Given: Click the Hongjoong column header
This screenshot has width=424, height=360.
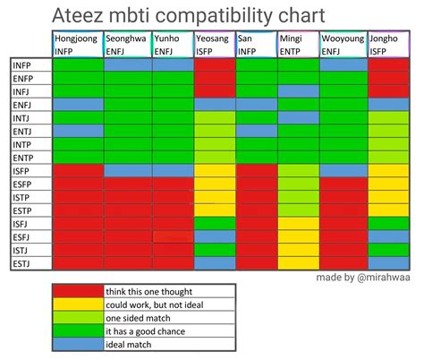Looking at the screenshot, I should click(77, 45).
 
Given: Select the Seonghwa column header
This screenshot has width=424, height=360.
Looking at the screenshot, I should click(126, 45).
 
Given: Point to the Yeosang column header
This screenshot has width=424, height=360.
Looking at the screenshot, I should click(215, 45).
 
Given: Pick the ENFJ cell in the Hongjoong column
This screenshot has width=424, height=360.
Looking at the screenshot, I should click(77, 105).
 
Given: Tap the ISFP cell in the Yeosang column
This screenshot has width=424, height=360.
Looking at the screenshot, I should click(215, 170).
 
